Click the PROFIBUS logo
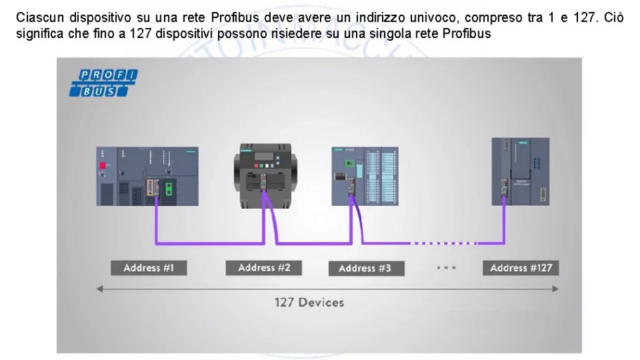point(103,83)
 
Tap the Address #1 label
point(148,268)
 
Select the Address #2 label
point(264,268)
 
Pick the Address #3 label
point(364,268)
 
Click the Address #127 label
point(520,268)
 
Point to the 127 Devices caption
point(309,302)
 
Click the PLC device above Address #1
point(147,176)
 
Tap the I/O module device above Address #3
point(364,176)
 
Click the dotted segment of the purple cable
point(443,243)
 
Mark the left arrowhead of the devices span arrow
point(100,288)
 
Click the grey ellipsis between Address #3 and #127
point(447,268)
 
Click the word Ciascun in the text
point(37,18)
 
